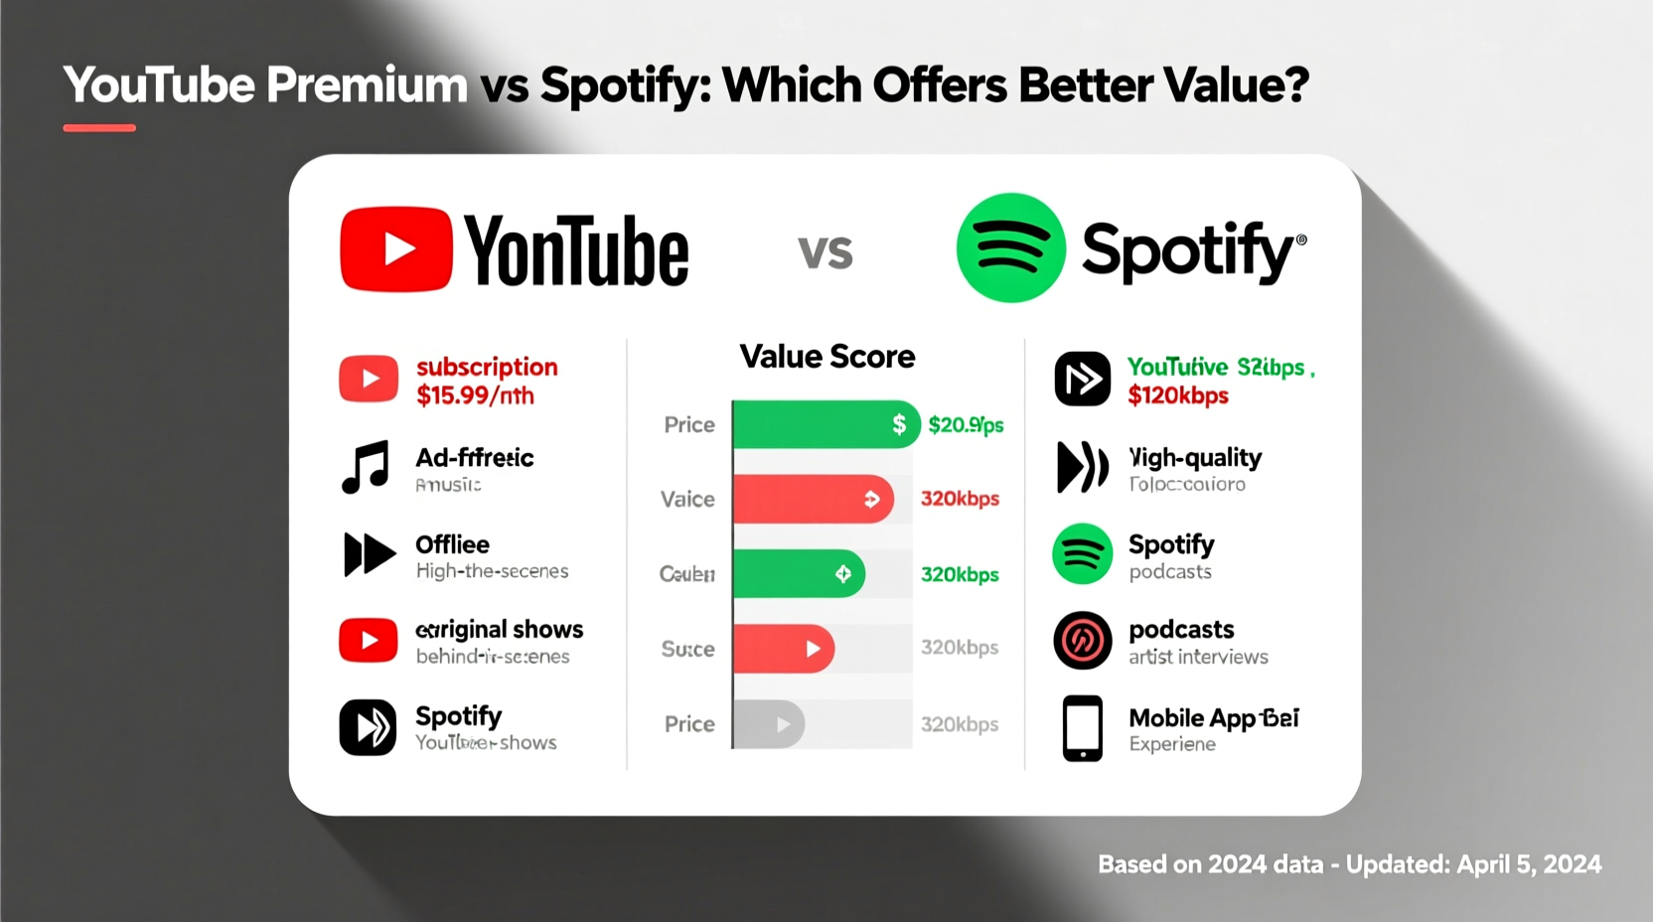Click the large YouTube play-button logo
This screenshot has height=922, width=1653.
(x=395, y=249)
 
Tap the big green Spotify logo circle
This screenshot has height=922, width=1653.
(x=1010, y=247)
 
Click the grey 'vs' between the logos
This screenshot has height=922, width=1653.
(x=826, y=252)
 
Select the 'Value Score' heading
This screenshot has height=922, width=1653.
(x=826, y=357)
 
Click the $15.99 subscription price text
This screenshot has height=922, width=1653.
(x=475, y=395)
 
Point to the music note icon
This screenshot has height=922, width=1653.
(x=366, y=467)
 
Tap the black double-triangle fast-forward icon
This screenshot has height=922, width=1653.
(x=369, y=554)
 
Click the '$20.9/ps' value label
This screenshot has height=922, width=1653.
(x=966, y=425)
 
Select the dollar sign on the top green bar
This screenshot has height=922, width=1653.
(x=898, y=424)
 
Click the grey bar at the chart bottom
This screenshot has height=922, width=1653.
(x=768, y=724)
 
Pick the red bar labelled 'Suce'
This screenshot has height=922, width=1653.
(x=783, y=649)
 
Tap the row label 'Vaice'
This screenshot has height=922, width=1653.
(x=687, y=499)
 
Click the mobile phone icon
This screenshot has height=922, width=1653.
(x=1082, y=728)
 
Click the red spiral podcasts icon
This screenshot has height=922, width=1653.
(x=1082, y=641)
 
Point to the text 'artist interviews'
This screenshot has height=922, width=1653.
(x=1198, y=657)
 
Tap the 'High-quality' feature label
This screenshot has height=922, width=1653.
(x=1195, y=458)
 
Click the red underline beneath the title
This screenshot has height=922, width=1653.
(x=99, y=128)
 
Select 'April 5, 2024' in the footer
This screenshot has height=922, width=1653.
(x=1529, y=864)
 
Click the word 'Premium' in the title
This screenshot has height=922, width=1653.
(x=367, y=85)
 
